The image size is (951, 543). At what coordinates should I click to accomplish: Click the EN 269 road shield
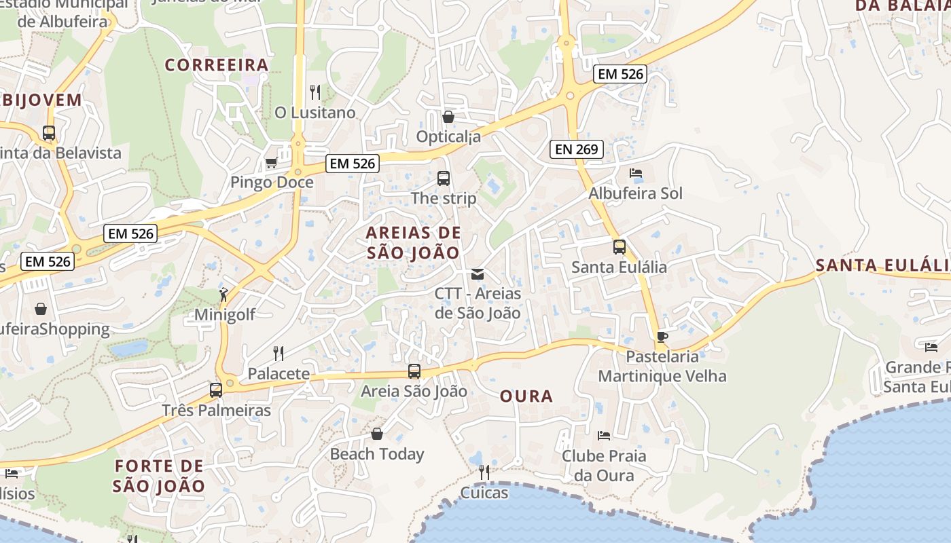click(x=576, y=149)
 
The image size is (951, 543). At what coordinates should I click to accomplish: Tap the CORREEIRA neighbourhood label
click(x=217, y=65)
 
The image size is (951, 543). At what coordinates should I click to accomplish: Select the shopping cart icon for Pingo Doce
click(x=271, y=163)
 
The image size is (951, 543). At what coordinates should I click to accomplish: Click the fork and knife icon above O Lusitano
click(x=315, y=92)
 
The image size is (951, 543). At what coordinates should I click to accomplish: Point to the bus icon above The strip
click(x=444, y=179)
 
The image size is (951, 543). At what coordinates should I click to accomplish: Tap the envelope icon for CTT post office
click(x=478, y=274)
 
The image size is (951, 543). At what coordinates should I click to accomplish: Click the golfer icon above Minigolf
click(x=223, y=295)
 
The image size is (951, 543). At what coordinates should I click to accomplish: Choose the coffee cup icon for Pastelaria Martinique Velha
click(x=662, y=337)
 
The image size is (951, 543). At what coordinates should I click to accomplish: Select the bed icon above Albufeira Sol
click(x=636, y=173)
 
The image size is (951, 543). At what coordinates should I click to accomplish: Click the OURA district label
click(x=526, y=396)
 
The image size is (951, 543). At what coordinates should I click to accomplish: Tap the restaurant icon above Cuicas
click(x=484, y=472)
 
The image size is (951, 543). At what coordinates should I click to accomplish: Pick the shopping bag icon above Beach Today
click(x=377, y=434)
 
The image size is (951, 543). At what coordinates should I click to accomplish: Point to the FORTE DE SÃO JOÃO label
click(x=159, y=476)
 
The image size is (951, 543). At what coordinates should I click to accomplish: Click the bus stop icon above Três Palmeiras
click(x=216, y=390)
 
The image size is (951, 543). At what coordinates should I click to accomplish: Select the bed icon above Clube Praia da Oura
click(x=603, y=435)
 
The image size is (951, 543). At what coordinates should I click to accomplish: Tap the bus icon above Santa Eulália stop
click(x=619, y=247)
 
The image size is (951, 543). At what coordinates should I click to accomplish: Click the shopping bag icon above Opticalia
click(x=448, y=117)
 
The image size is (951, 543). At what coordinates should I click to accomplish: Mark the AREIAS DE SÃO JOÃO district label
click(x=413, y=242)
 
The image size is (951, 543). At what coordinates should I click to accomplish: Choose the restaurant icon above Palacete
click(x=278, y=353)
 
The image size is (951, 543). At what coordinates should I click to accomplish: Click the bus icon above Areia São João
click(x=414, y=371)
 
